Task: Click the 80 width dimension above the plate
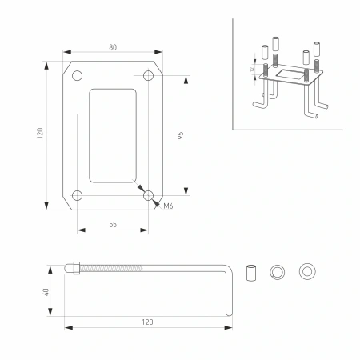(x=112, y=48)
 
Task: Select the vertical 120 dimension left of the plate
(x=39, y=134)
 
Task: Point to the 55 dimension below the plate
(x=112, y=226)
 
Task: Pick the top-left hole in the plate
(x=77, y=76)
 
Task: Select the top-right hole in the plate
(x=148, y=76)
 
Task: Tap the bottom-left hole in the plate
(x=77, y=195)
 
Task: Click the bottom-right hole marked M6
(x=148, y=194)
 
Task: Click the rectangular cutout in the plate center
(x=112, y=135)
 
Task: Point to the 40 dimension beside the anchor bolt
(x=47, y=291)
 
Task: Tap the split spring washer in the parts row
(x=277, y=270)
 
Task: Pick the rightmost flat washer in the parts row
(x=305, y=270)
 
